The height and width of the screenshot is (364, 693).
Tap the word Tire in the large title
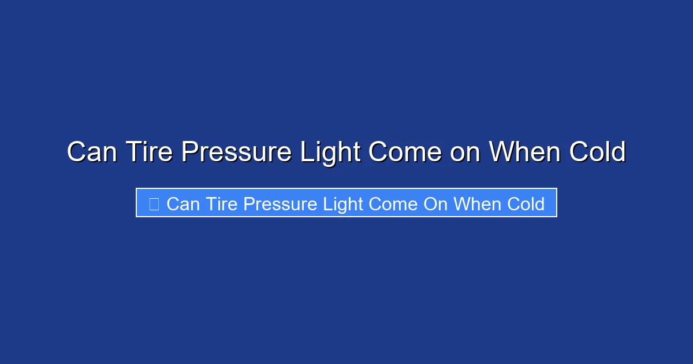(148, 153)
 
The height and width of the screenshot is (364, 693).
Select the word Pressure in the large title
(237, 153)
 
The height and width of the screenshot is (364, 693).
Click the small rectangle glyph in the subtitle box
(154, 203)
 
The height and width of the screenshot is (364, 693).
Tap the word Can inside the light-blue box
(182, 203)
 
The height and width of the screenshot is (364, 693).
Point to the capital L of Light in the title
(306, 153)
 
